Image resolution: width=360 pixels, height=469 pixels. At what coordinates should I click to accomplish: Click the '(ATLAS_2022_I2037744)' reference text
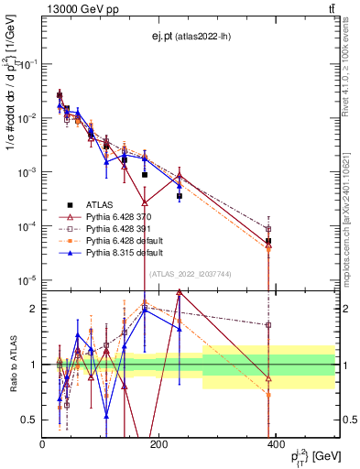[188, 273]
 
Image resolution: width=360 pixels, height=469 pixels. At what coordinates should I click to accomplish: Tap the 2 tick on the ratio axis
[35, 309]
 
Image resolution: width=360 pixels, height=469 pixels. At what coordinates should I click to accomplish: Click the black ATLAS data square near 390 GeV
[268, 241]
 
